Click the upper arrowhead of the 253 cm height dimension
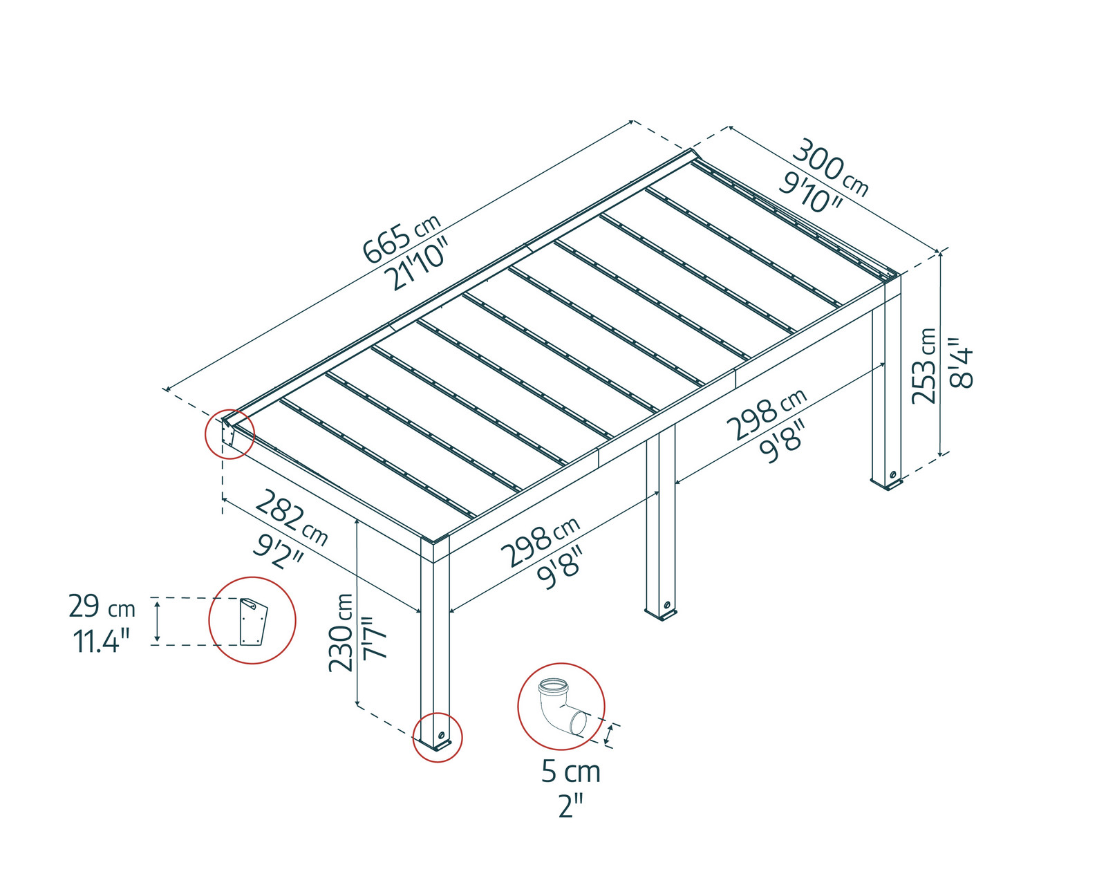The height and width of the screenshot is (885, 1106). (x=941, y=253)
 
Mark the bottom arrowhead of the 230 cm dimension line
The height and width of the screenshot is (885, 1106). (x=357, y=704)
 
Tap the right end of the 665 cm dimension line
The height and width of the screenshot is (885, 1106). (x=633, y=122)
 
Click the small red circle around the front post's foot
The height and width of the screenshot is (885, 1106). (x=438, y=738)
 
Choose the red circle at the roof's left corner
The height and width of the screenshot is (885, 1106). (x=229, y=435)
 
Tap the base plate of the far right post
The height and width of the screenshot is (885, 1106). (x=887, y=485)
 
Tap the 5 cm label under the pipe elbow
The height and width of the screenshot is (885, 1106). (x=570, y=772)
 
